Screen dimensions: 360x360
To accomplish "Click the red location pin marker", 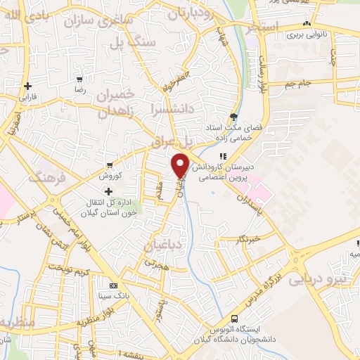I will (180, 165).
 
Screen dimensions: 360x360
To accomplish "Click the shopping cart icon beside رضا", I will (82, 79).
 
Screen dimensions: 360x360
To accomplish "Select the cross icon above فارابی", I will (27, 86).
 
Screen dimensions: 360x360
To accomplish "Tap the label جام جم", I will (298, 84).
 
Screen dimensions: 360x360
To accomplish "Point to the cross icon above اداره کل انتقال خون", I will (108, 191).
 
